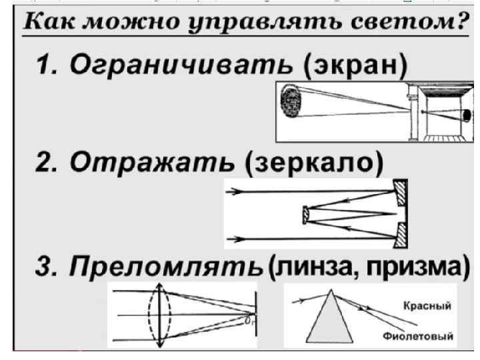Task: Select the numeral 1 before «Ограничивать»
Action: [x=46, y=69]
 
